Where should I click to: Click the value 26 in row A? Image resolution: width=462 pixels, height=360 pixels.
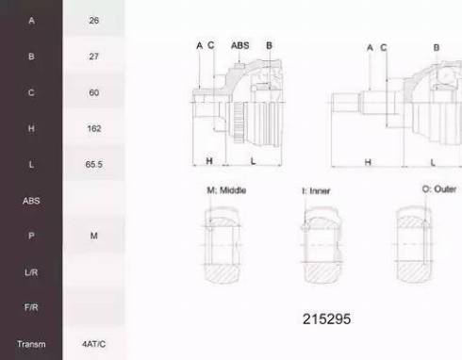click(93, 21)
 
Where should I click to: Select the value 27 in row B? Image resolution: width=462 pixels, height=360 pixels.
click(93, 57)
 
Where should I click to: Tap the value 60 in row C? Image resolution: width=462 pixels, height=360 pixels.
click(93, 92)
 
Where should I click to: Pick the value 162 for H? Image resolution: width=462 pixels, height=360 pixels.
click(94, 128)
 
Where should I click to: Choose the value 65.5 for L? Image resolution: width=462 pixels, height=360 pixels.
click(93, 164)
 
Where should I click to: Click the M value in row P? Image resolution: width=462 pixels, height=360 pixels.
click(93, 236)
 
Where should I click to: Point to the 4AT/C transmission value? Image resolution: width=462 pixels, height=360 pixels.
click(93, 344)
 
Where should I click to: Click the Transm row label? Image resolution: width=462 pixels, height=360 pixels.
click(31, 344)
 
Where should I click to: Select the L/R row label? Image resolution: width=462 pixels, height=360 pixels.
click(31, 272)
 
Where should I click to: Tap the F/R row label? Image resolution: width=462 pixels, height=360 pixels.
click(31, 307)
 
